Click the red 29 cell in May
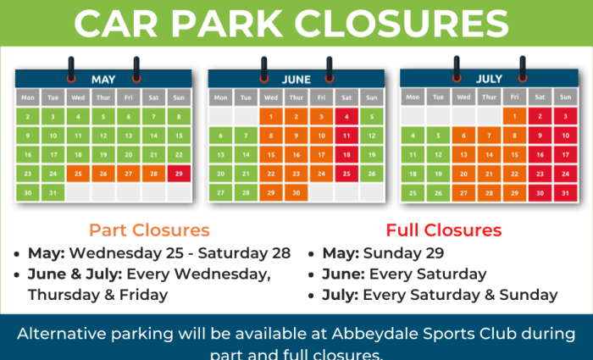(x=178, y=174)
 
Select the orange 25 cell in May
(x=77, y=174)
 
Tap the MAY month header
(x=103, y=79)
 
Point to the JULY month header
(x=488, y=79)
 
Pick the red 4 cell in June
(x=346, y=116)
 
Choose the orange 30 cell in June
(x=296, y=193)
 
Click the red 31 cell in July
(x=564, y=193)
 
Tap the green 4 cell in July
(x=413, y=135)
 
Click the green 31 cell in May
(x=53, y=193)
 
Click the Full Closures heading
(x=444, y=230)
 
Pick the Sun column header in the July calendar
(x=564, y=96)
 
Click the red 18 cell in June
(x=346, y=154)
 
